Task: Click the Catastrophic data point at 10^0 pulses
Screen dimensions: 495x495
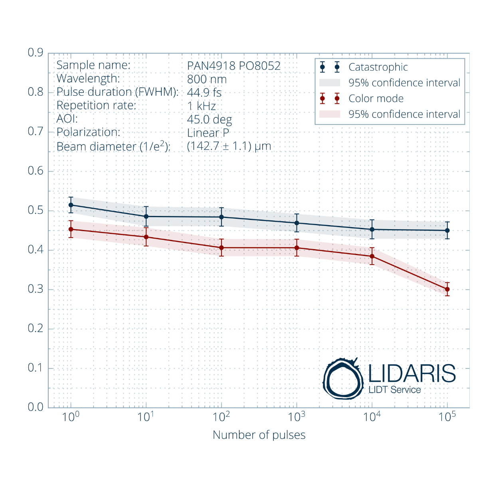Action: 71,205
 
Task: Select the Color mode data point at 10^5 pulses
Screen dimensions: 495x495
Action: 447,289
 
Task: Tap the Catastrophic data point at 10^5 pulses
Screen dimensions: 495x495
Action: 447,230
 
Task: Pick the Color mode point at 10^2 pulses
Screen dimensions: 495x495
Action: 222,248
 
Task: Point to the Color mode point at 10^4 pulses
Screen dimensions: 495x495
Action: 372,256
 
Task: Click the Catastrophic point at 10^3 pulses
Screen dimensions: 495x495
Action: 297,223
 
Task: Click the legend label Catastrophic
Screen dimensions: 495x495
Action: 378,67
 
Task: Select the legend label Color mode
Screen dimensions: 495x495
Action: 376,99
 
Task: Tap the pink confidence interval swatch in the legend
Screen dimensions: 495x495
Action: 330,114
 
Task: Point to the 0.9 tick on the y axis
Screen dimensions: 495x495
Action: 36,53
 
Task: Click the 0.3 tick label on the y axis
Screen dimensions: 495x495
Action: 36,289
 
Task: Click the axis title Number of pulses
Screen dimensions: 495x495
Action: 259,435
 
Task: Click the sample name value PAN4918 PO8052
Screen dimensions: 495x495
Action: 234,66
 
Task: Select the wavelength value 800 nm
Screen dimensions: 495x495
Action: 207,79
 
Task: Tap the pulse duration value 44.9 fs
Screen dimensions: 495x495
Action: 204,93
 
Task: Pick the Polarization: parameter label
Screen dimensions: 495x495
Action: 88,132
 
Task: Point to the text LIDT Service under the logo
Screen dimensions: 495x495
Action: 394,390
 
